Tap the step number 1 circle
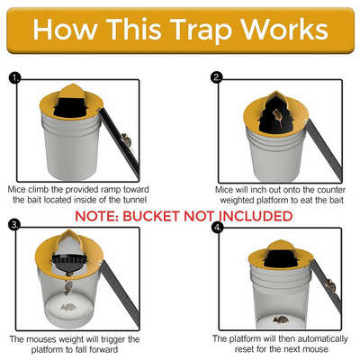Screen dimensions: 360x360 pyautogui.click(x=13, y=78)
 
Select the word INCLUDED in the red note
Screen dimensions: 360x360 pyautogui.click(x=253, y=217)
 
